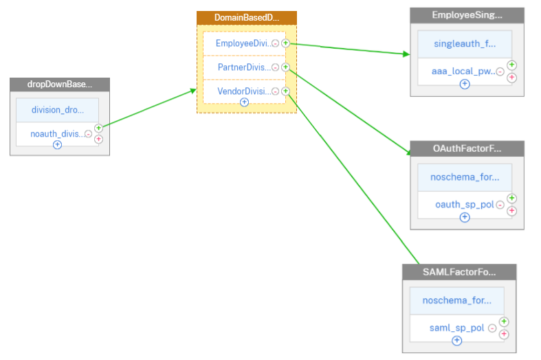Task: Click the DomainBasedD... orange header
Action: coord(247,18)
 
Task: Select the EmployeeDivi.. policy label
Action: coord(243,43)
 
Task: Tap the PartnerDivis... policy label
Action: coord(244,67)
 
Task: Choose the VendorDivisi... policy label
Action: coord(244,91)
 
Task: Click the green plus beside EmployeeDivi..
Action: coord(285,43)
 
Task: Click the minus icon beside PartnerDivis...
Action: coord(276,67)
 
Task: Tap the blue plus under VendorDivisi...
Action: coord(244,102)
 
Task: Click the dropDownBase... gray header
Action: coord(60,85)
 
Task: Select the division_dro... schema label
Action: coord(58,110)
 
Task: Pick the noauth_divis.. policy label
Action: coord(58,134)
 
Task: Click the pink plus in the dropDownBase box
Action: coord(99,139)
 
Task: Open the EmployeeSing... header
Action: coord(467,15)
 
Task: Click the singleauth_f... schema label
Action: coord(465,44)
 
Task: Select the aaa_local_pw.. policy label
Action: coord(463,71)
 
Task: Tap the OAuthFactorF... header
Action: coord(467,148)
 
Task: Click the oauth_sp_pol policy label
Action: coord(465,205)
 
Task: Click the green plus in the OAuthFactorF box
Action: coord(511,199)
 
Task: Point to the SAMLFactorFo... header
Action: coord(459,272)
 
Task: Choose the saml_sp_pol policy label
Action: coord(457,328)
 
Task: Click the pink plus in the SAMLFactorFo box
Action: coord(504,334)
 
